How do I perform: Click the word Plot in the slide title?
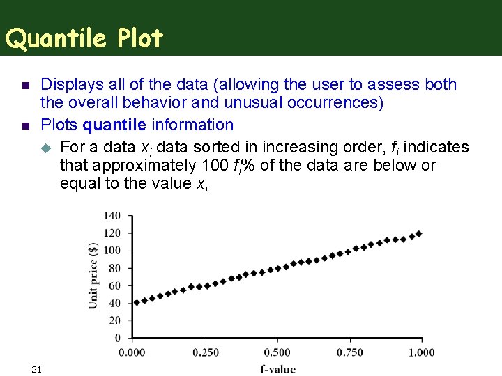click(x=140, y=38)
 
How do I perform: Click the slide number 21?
click(x=37, y=369)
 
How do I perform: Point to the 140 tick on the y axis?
click(x=112, y=215)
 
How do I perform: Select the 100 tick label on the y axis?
click(x=112, y=250)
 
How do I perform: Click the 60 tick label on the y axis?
click(x=114, y=285)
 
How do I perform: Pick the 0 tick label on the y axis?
click(x=117, y=338)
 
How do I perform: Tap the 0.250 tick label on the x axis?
click(x=205, y=352)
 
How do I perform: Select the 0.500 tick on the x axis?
click(x=277, y=352)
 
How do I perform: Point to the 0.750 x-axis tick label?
click(x=349, y=352)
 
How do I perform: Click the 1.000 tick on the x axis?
click(x=420, y=352)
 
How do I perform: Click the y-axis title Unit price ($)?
click(x=93, y=276)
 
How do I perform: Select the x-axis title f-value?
click(x=277, y=369)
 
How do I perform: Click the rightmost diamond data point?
click(x=418, y=234)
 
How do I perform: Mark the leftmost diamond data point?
click(x=137, y=302)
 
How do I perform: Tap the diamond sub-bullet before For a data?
click(x=47, y=148)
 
